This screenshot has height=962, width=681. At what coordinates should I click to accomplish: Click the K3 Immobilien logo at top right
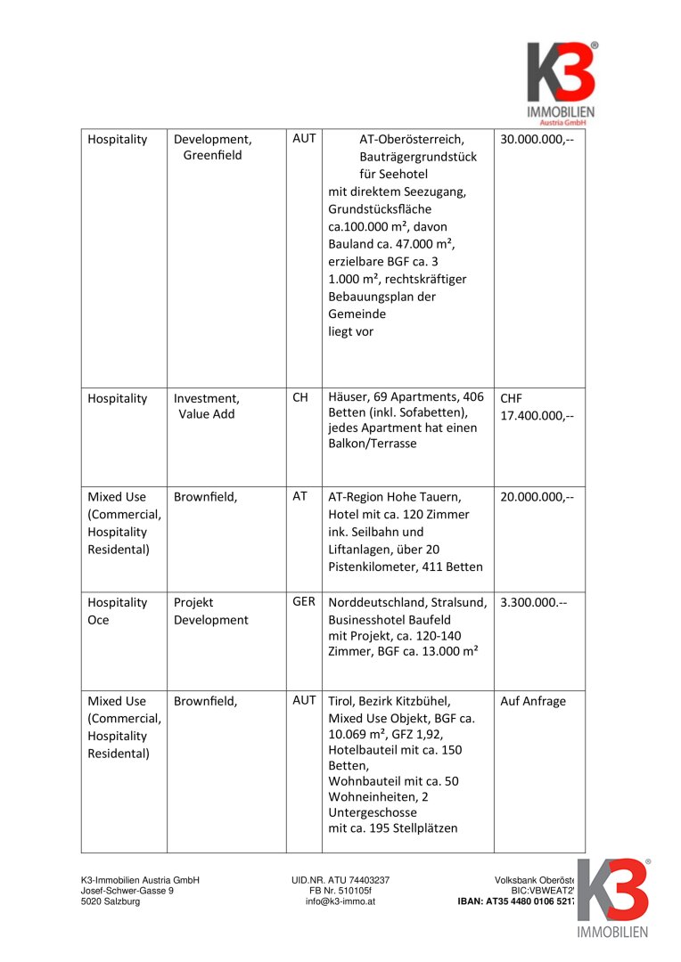click(x=560, y=81)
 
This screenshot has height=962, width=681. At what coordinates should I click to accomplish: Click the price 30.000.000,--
click(x=537, y=140)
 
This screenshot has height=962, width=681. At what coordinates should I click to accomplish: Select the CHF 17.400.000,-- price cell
click(x=537, y=407)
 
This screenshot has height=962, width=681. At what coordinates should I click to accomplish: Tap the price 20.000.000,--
click(x=537, y=497)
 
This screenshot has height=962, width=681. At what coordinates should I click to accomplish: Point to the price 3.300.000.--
click(x=533, y=603)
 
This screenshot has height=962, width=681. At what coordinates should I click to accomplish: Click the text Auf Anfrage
click(x=533, y=702)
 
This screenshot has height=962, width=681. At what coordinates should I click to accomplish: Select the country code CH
click(x=300, y=397)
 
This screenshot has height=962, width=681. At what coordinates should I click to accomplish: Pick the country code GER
click(x=303, y=602)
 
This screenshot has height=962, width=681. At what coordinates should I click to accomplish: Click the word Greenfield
click(x=212, y=156)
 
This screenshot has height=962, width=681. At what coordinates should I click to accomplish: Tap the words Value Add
click(x=206, y=414)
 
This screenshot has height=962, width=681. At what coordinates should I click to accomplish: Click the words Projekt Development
click(x=210, y=611)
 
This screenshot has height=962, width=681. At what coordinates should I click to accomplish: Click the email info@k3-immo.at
click(x=340, y=901)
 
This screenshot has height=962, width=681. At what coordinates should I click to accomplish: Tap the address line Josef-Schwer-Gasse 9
click(x=127, y=891)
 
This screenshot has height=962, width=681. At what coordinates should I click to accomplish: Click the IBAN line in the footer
click(x=514, y=901)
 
